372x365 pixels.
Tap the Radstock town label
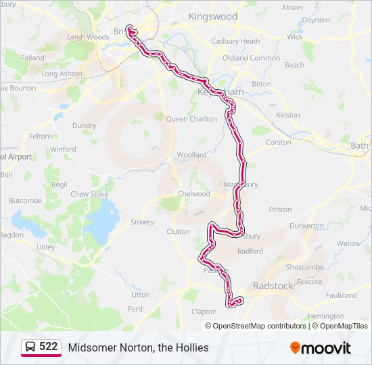click(x=273, y=286)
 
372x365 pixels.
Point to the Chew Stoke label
click(x=89, y=194)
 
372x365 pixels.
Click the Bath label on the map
click(x=360, y=145)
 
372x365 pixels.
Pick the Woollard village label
click(x=191, y=155)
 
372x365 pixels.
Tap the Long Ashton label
click(x=62, y=74)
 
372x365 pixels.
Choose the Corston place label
click(x=279, y=142)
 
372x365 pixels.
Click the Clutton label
click(x=179, y=231)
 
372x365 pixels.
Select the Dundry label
click(x=85, y=125)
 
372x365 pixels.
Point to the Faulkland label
click(x=341, y=295)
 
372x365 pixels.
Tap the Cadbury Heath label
click(x=235, y=41)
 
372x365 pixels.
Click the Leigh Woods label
click(x=88, y=37)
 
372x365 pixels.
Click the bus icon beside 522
click(x=30, y=347)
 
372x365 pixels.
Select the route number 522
click(x=48, y=347)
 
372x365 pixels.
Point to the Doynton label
click(x=315, y=20)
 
